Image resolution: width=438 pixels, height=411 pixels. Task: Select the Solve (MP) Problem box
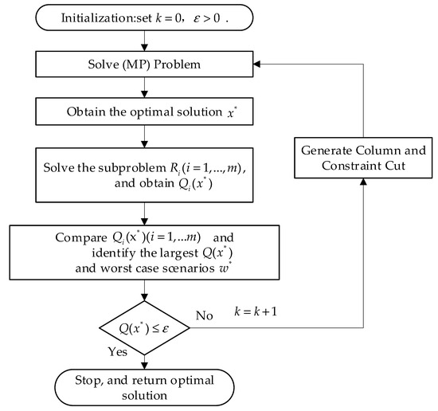point(143,63)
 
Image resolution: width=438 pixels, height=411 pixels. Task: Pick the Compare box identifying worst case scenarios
point(143,249)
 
